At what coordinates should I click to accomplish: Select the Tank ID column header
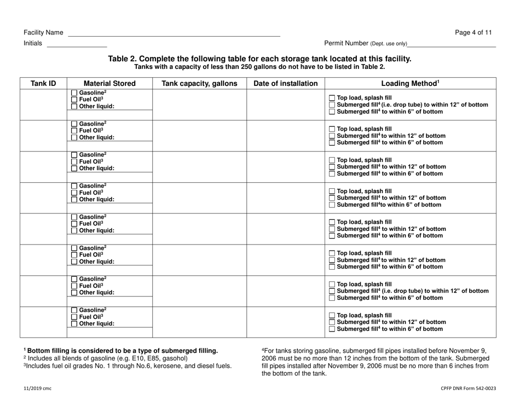(43, 84)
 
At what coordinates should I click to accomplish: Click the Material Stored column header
(106, 84)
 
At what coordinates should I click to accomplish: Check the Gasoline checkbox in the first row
(74, 92)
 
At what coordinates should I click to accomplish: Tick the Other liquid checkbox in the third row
(74, 170)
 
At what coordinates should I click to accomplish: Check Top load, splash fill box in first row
(332, 98)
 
